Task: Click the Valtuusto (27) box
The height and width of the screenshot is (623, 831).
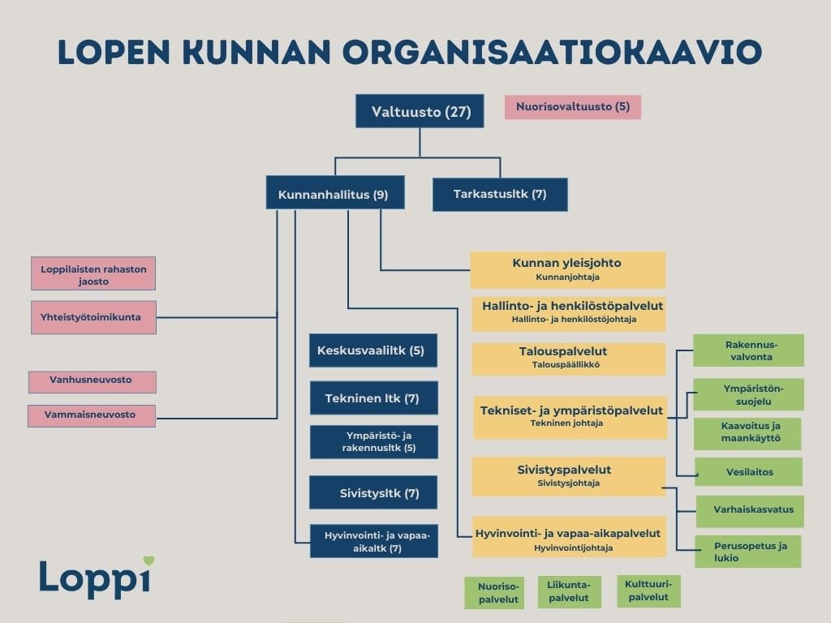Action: [420, 111]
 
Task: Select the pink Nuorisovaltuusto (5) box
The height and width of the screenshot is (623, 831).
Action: [572, 107]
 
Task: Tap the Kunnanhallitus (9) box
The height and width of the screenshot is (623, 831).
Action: [334, 195]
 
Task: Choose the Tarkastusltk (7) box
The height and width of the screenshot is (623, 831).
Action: [499, 195]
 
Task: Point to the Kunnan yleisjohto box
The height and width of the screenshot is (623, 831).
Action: [568, 270]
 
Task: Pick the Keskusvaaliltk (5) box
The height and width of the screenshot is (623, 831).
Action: [372, 350]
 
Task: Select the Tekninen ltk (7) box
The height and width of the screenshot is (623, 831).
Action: [374, 398]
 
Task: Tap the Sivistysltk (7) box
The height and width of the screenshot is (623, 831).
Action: [374, 492]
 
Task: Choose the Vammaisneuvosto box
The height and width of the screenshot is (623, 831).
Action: [92, 415]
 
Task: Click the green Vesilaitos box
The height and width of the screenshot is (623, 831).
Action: [748, 471]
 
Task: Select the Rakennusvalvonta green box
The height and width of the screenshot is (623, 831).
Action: [748, 350]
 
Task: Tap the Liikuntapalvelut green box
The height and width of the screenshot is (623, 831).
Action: [569, 592]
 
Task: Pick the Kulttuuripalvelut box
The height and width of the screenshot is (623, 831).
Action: [648, 591]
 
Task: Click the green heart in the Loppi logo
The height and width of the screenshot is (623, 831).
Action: [149, 561]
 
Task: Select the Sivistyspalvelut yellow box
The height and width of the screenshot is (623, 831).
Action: [568, 476]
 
